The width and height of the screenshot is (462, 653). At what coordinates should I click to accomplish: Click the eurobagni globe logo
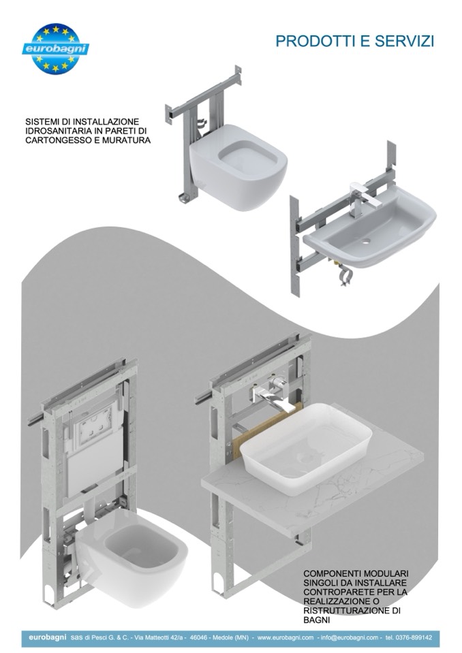[55, 49]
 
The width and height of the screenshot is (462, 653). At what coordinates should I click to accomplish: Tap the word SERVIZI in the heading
[404, 42]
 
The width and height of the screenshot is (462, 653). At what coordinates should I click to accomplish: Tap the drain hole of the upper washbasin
[366, 241]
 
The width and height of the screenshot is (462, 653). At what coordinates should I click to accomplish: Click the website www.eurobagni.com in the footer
[286, 637]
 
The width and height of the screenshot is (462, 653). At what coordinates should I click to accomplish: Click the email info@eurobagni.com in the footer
[350, 637]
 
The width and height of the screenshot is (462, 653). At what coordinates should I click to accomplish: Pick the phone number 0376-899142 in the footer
[414, 637]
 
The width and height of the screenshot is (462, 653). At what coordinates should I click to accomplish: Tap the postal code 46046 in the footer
[198, 637]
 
